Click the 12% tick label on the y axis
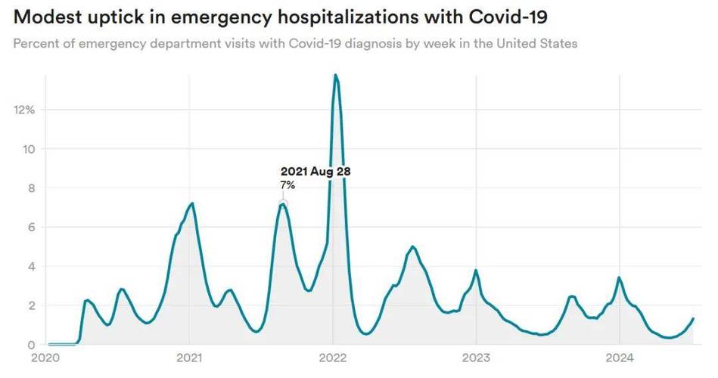(24, 110)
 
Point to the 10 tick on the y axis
(28, 149)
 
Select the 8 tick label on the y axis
(31, 188)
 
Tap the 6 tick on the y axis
(31, 228)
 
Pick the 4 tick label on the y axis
(31, 267)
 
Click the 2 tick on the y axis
(31, 305)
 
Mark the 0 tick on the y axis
(31, 345)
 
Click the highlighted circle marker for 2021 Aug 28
(283, 203)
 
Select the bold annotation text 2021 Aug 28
(315, 172)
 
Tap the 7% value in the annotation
(288, 185)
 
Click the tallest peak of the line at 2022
(335, 75)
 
